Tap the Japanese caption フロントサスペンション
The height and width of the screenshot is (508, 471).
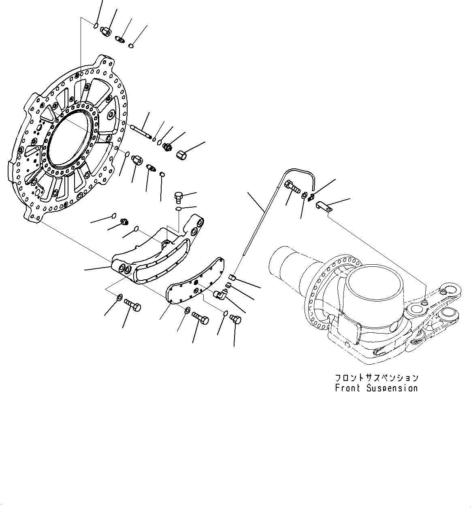pyautogui.click(x=376, y=378)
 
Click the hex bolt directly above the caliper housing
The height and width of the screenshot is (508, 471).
pyautogui.click(x=179, y=198)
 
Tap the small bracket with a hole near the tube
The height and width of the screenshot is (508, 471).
pyautogui.click(x=324, y=207)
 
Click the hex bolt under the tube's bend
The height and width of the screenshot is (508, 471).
pyautogui.click(x=292, y=187)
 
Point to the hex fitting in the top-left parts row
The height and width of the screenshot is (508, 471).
pyautogui.click(x=107, y=31)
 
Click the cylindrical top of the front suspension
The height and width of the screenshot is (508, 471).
pyautogui.click(x=375, y=288)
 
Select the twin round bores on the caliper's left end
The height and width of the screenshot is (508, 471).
pyautogui.click(x=123, y=269)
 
